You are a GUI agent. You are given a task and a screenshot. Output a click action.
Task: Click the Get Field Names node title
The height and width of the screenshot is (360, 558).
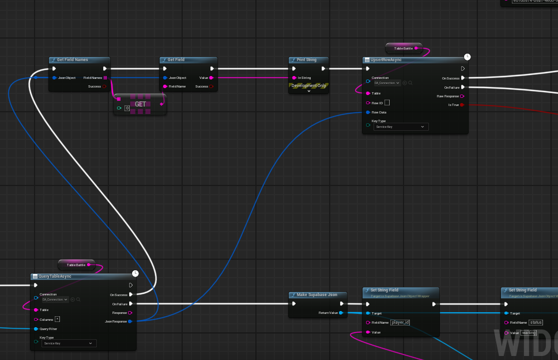pyautogui.click(x=72, y=60)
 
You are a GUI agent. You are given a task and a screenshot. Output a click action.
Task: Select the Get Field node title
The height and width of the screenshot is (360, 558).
pyautogui.click(x=176, y=60)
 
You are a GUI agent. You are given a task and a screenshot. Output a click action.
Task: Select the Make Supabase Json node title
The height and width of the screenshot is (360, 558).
pyautogui.click(x=317, y=295)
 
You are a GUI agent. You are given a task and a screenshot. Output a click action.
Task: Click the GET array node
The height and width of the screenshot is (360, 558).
pyautogui.click(x=140, y=104)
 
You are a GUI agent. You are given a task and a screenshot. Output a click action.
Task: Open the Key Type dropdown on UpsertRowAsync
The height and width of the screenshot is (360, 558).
pyautogui.click(x=401, y=126)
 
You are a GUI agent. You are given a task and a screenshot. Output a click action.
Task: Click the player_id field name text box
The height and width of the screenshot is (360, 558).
pyautogui.click(x=399, y=323)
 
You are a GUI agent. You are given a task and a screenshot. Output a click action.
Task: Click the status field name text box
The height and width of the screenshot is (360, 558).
pyautogui.click(x=536, y=323)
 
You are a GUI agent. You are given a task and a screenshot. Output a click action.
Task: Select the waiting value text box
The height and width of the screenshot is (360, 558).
pyautogui.click(x=529, y=333)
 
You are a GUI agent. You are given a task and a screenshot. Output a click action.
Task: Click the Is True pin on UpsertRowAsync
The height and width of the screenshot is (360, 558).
pyautogui.click(x=462, y=105)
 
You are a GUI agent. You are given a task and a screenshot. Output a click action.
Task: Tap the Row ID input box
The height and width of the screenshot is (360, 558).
pyautogui.click(x=387, y=103)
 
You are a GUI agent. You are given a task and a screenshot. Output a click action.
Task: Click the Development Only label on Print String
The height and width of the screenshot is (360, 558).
pyautogui.click(x=309, y=85)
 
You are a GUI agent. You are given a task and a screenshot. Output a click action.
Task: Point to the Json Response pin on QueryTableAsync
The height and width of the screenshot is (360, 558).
pyautogui.click(x=130, y=321)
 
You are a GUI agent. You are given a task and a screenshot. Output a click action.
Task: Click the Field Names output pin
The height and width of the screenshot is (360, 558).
pyautogui.click(x=105, y=78)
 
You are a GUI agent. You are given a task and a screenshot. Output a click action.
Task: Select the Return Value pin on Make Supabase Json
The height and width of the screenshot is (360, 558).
pyautogui.click(x=341, y=313)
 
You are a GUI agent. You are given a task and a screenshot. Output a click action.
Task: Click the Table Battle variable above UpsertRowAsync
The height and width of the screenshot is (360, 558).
pyautogui.click(x=403, y=48)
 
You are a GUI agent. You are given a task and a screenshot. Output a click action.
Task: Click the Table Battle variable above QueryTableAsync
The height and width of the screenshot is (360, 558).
pyautogui.click(x=80, y=265)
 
